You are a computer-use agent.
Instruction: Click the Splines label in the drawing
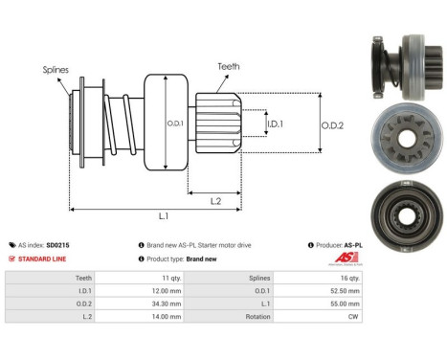pos(56,69)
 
